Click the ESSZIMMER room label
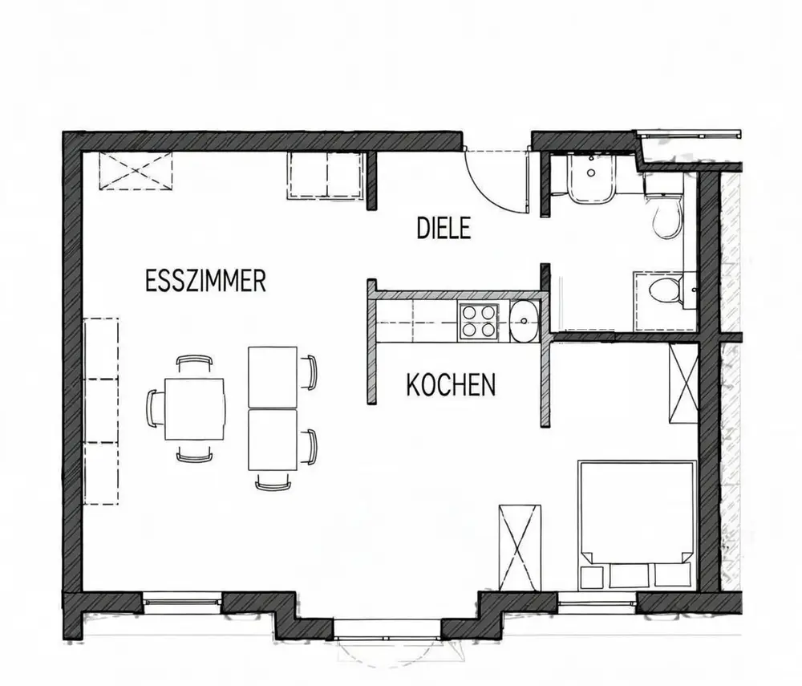(205, 282)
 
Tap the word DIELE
(444, 228)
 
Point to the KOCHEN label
(451, 385)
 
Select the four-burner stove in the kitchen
(479, 321)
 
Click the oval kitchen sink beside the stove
(524, 321)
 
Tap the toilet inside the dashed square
(664, 290)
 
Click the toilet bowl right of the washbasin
(666, 217)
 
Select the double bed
(637, 525)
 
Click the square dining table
(195, 408)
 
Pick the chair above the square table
(194, 363)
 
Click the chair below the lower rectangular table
(273, 482)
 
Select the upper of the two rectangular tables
(272, 378)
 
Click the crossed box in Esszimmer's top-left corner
(136, 170)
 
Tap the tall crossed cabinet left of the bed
(520, 547)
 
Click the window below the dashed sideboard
(182, 602)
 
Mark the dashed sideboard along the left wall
(101, 412)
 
